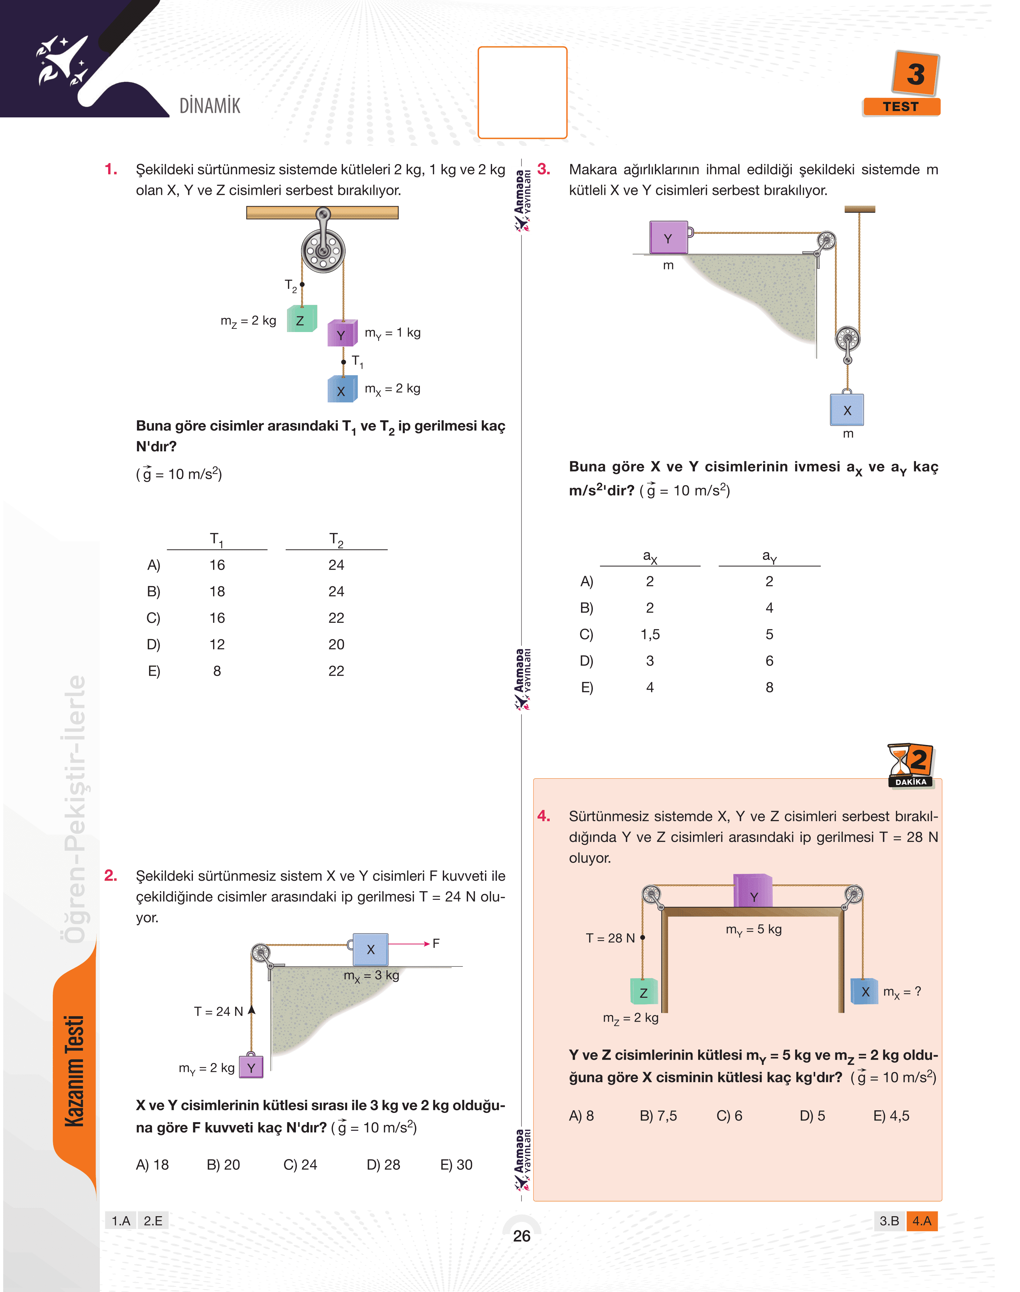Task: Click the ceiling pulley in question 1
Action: (323, 249)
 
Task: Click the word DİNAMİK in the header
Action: (210, 106)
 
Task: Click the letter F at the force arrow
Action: (436, 943)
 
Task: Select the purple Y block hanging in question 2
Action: (251, 1067)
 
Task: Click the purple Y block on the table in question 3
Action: (668, 238)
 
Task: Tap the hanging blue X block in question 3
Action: (847, 409)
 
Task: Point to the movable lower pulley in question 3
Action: (848, 340)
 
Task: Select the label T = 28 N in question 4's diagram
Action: (610, 938)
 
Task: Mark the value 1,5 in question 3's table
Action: (650, 634)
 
